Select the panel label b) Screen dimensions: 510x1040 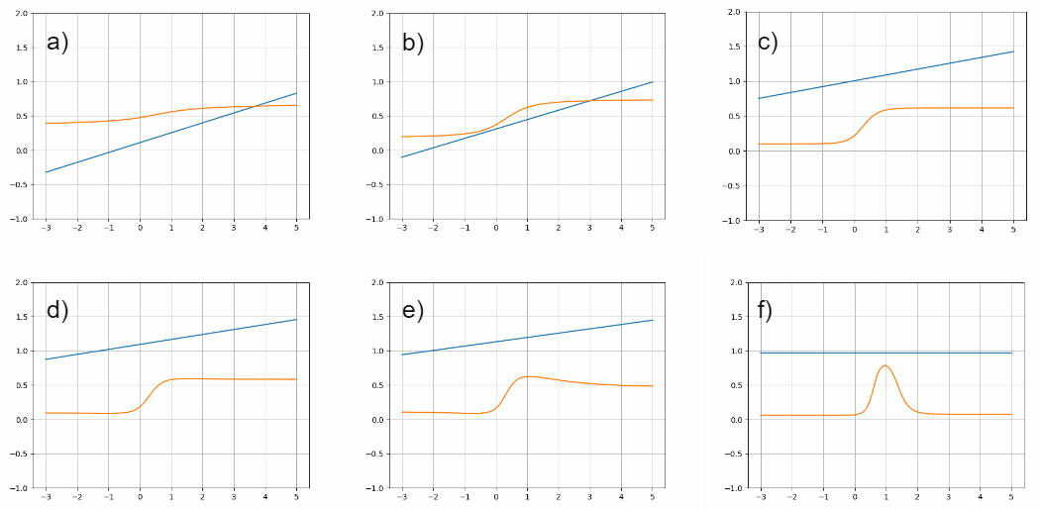(413, 43)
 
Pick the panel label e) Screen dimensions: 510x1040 (413, 310)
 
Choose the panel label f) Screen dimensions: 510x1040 (765, 310)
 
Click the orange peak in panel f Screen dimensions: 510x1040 (884, 365)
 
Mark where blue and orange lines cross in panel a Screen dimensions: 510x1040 (254, 106)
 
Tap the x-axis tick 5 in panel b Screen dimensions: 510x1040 (652, 228)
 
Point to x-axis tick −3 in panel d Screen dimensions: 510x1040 (46, 497)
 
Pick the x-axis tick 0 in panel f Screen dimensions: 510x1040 (854, 498)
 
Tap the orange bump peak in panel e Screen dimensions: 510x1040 (528, 376)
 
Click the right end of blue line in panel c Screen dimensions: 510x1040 (1012, 51)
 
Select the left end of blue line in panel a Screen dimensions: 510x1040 (46, 172)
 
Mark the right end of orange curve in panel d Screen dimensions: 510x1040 (296, 379)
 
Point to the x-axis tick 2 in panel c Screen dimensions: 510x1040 (917, 230)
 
